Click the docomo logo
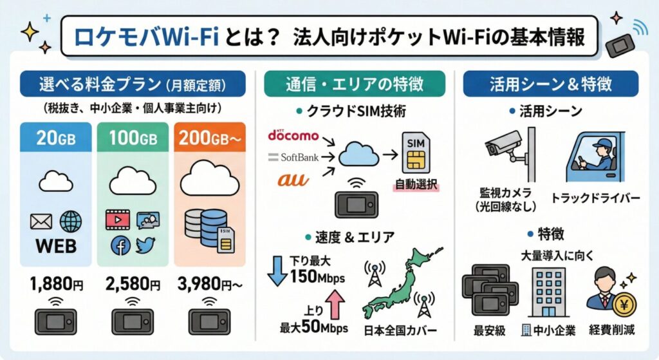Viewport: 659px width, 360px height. pos(293,136)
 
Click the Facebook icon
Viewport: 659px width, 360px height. pos(120,245)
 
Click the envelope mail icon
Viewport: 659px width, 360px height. pos(41,222)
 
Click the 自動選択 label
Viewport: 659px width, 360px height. pos(415,185)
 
